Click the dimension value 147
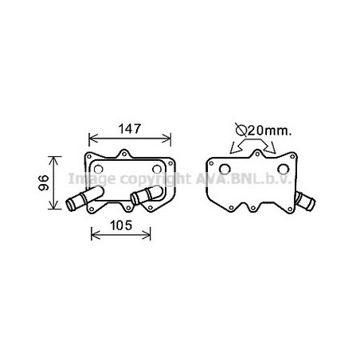point(129,129)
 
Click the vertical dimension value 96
point(44,182)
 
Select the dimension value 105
point(121,225)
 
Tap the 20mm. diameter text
point(269,131)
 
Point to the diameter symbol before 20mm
point(241,130)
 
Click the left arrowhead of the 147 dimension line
point(92,139)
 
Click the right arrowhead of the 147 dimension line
point(167,139)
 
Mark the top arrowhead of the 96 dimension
point(53,160)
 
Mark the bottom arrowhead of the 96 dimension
point(53,205)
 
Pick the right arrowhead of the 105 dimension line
point(147,235)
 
